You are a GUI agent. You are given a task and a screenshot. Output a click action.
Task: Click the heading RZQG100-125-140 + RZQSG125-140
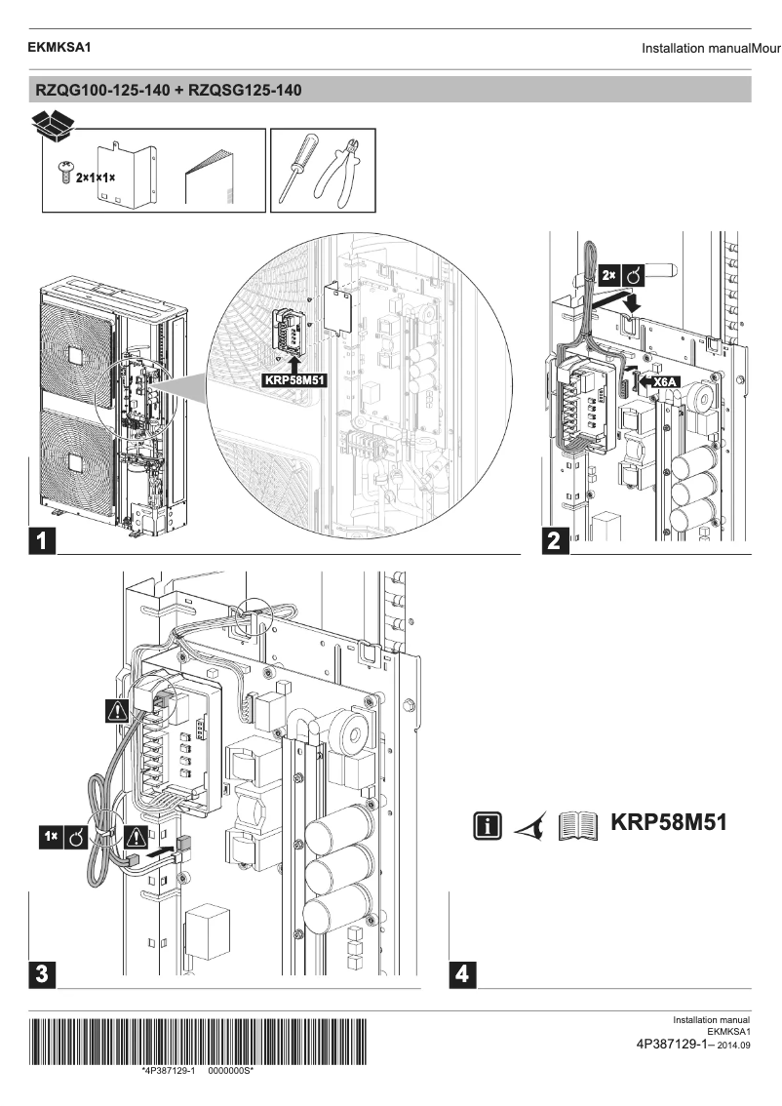(x=169, y=91)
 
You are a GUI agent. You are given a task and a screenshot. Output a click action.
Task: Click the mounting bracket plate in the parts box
(x=125, y=173)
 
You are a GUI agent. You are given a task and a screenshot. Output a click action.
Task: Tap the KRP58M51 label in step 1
(x=294, y=382)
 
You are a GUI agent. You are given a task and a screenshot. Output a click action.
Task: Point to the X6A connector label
(x=665, y=383)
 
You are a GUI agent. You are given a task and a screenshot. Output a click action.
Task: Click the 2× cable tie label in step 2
(x=620, y=278)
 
